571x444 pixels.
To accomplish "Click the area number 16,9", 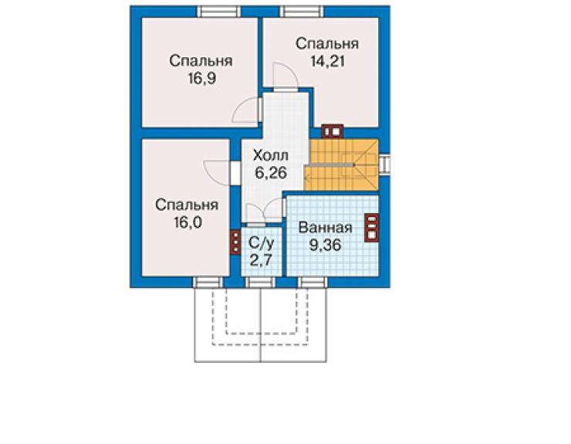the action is tap(202, 78).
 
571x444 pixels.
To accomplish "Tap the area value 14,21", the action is tap(327, 61).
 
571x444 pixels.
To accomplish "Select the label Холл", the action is tap(271, 155).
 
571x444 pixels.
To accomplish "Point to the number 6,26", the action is tap(271, 173).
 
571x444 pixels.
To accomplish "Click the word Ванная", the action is tap(325, 228).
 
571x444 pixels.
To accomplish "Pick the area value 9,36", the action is tap(325, 245).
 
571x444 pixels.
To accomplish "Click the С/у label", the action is tap(262, 242).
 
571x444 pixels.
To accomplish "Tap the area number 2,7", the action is tap(262, 260).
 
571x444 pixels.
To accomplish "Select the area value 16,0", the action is tap(188, 222).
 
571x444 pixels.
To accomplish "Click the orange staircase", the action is tap(342, 164).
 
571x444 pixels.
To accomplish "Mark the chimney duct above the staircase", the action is tap(333, 131).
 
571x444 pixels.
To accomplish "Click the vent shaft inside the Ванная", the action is tap(371, 228).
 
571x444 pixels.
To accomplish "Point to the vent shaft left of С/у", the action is tap(235, 242).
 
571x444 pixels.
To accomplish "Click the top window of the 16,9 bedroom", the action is tap(218, 12).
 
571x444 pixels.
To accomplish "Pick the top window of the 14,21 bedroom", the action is tap(302, 12).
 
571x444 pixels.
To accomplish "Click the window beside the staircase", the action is tap(384, 164).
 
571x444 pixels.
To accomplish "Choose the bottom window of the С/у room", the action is tap(259, 282).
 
